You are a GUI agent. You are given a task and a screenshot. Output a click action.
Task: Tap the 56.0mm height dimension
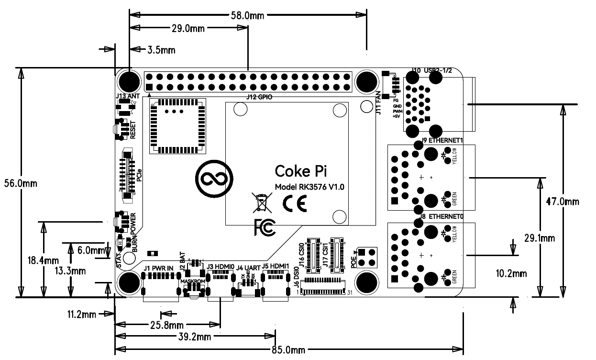point(20,183)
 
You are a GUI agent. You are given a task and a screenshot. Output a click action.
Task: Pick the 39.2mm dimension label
point(195,337)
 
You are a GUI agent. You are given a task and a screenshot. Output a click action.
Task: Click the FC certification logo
point(265,227)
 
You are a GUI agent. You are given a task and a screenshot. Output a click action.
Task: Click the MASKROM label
point(193,281)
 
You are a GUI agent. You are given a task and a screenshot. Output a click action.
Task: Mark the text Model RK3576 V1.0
point(309,187)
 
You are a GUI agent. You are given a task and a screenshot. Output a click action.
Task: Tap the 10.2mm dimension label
point(511,274)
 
